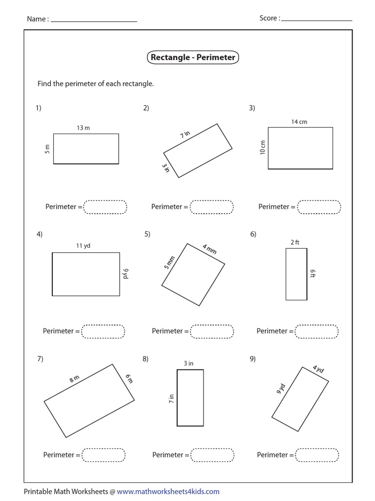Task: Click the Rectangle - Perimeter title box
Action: [x=193, y=58]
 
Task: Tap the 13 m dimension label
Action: [x=83, y=128]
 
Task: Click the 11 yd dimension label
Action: [x=83, y=246]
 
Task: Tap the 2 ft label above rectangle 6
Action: [x=295, y=242]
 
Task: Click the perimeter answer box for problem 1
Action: [x=105, y=207]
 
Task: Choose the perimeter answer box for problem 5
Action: [x=212, y=331]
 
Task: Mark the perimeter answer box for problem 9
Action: [x=317, y=455]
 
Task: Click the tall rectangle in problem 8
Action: [x=190, y=398]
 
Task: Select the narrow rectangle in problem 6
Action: [x=296, y=274]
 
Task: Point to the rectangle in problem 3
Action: [x=300, y=148]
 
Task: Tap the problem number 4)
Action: [x=40, y=234]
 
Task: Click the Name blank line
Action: [x=94, y=21]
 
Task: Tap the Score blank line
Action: [x=317, y=20]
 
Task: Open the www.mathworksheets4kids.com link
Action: [x=168, y=492]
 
